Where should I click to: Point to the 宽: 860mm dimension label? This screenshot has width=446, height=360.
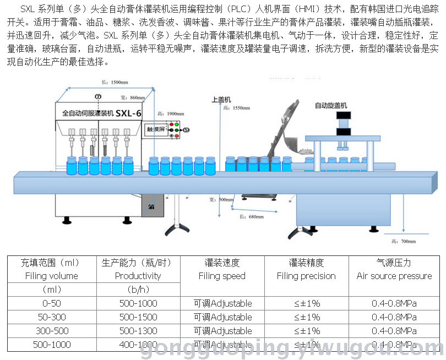133,97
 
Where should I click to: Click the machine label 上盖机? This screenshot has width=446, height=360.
220,100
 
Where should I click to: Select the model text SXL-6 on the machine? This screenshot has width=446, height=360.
130,113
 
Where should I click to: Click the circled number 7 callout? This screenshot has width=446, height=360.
99,97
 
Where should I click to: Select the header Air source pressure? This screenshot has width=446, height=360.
394,276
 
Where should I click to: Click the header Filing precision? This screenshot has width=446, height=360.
306,276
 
